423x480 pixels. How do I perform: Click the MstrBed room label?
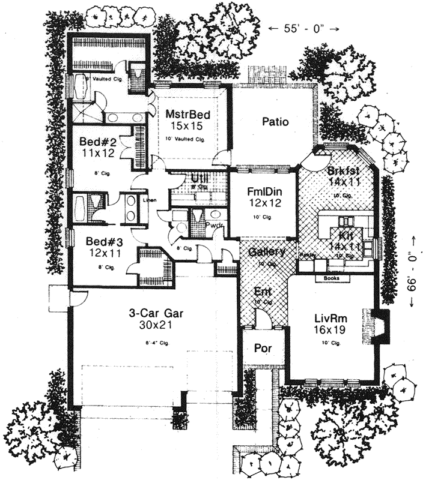click(187, 112)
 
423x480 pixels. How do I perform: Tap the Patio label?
click(276, 122)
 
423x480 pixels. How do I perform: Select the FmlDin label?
click(261, 192)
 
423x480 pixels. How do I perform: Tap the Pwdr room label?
click(215, 226)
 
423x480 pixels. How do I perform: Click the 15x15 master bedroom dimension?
click(187, 126)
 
